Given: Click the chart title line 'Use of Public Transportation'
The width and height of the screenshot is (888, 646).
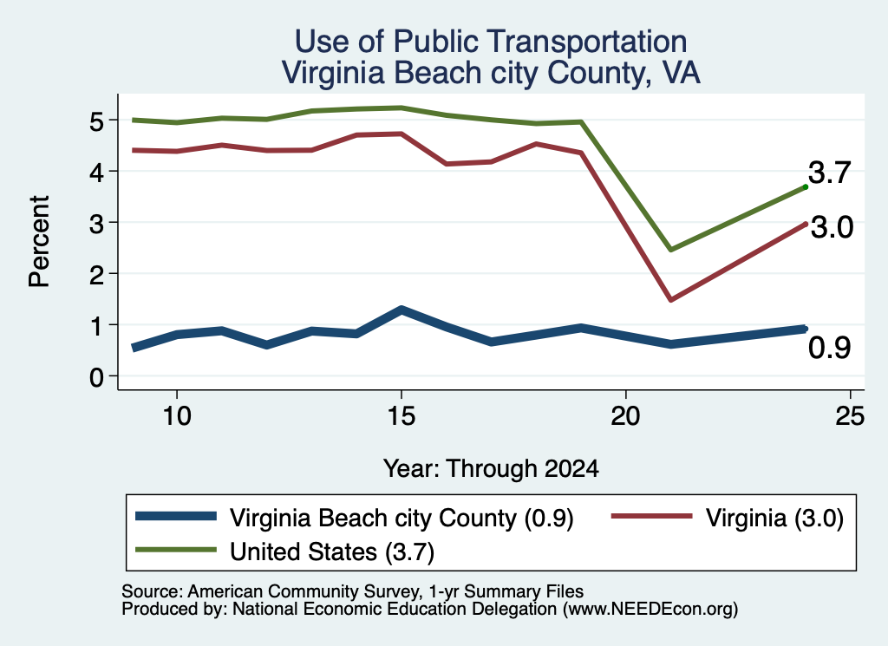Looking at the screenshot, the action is pyautogui.click(x=491, y=42).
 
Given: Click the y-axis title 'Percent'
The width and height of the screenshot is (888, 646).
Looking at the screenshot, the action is pyautogui.click(x=39, y=242).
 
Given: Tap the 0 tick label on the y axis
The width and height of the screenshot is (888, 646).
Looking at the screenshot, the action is pyautogui.click(x=96, y=377).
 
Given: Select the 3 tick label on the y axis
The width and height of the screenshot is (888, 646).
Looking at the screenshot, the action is pyautogui.click(x=96, y=224).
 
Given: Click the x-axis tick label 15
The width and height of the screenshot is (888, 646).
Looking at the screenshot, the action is pyautogui.click(x=401, y=417).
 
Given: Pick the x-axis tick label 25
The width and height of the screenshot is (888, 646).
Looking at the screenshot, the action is pyautogui.click(x=850, y=417).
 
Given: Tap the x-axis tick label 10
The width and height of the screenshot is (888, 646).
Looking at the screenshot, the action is pyautogui.click(x=177, y=417).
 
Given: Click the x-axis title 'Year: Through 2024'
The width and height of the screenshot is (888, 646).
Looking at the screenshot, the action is pyautogui.click(x=491, y=469).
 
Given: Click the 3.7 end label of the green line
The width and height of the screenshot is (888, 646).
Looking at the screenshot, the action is pyautogui.click(x=830, y=173).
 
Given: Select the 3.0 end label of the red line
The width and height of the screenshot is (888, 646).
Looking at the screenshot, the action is pyautogui.click(x=832, y=227).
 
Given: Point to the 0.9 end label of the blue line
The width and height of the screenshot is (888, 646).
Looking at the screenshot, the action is pyautogui.click(x=830, y=348).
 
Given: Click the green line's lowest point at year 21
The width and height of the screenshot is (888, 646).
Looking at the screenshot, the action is pyautogui.click(x=670, y=250).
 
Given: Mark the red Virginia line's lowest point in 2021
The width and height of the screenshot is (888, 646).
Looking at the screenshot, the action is pyautogui.click(x=670, y=299).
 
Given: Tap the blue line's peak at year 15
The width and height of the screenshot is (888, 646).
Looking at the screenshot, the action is pyautogui.click(x=401, y=310).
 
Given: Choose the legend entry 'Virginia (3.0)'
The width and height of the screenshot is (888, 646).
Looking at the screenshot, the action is pyautogui.click(x=774, y=518).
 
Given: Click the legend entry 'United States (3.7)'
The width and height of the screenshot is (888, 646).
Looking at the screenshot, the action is pyautogui.click(x=332, y=552).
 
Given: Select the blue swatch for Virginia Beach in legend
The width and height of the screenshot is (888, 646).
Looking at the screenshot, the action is pyautogui.click(x=176, y=516).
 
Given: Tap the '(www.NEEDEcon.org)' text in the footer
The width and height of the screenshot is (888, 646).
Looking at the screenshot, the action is pyautogui.click(x=650, y=610).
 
